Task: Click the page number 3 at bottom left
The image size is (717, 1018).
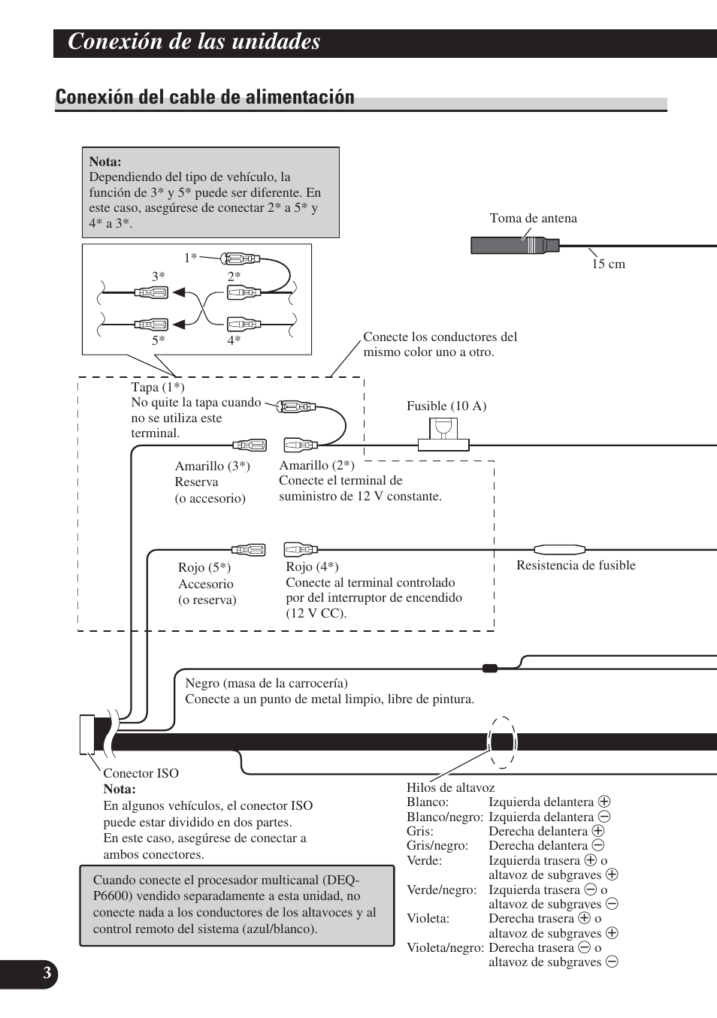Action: coord(47,974)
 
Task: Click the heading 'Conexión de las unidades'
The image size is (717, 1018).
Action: coord(194,42)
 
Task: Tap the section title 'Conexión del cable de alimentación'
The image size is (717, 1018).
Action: coord(204,97)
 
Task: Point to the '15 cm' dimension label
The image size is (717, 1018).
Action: coord(608,264)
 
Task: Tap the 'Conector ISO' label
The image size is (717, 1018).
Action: coord(141,773)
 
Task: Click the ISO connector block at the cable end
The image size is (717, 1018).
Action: coord(86,734)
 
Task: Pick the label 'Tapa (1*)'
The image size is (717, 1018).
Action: coord(157,387)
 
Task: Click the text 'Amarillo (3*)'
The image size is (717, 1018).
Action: coord(213,466)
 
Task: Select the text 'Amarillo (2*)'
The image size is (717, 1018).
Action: coord(316,465)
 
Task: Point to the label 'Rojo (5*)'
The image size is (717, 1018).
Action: coord(204,567)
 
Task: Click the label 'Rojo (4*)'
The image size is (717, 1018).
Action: coord(312,566)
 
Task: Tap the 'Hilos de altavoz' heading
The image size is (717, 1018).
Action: coord(450,787)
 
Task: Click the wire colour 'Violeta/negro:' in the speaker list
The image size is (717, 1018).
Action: coord(445,947)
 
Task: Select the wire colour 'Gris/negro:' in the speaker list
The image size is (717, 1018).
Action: coord(437,845)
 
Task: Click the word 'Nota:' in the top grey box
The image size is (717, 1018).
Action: coord(105,162)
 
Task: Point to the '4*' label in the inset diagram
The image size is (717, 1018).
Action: coord(234,340)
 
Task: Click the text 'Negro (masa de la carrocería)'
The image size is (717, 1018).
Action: coord(266,683)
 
